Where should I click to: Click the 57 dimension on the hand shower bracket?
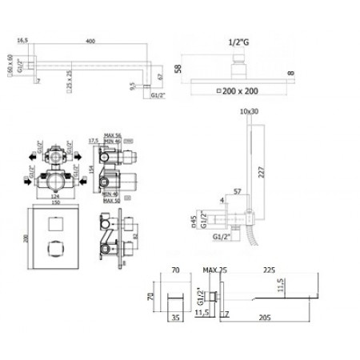[238, 193]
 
